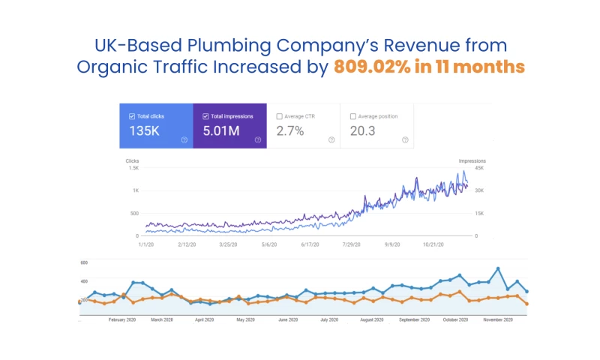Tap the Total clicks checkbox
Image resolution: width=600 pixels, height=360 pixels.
(x=132, y=116)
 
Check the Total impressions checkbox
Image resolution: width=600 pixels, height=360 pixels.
(x=205, y=116)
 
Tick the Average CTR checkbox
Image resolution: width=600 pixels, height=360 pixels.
(x=279, y=116)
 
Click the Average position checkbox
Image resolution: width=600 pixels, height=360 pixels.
(x=353, y=116)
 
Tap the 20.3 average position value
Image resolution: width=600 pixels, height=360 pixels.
(x=363, y=131)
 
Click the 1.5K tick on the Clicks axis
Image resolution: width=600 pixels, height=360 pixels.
(x=133, y=168)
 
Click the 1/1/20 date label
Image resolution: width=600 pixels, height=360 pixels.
(x=145, y=244)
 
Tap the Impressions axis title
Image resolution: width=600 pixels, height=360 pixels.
(x=472, y=160)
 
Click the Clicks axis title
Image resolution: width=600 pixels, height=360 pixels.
(x=132, y=160)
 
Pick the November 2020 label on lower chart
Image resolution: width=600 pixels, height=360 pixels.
(x=497, y=319)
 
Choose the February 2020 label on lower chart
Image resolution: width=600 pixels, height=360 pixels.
(x=121, y=319)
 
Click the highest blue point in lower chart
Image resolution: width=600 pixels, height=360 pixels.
(x=497, y=268)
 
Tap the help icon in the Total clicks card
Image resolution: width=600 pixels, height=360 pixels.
(x=184, y=139)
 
